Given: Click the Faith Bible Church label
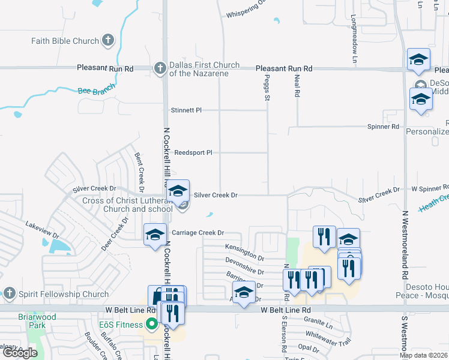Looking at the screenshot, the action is [x=65, y=41].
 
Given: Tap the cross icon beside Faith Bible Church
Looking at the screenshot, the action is [x=108, y=41].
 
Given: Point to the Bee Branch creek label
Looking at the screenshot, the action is [x=96, y=91].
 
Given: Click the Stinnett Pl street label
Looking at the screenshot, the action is [x=186, y=110].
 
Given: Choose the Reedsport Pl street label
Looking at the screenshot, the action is [x=193, y=152].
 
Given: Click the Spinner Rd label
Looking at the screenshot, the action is [x=383, y=127].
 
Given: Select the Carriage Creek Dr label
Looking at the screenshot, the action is [x=197, y=232].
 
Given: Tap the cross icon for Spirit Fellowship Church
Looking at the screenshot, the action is [x=9, y=294].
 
